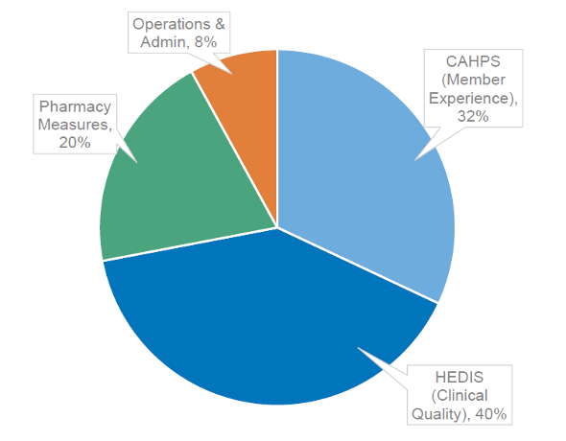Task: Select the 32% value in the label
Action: (x=473, y=116)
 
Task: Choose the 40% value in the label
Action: (x=488, y=414)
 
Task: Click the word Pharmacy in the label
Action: (x=75, y=106)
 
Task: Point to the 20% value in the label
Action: (x=74, y=141)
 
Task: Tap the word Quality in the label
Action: (x=442, y=414)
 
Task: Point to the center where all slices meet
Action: (x=277, y=227)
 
